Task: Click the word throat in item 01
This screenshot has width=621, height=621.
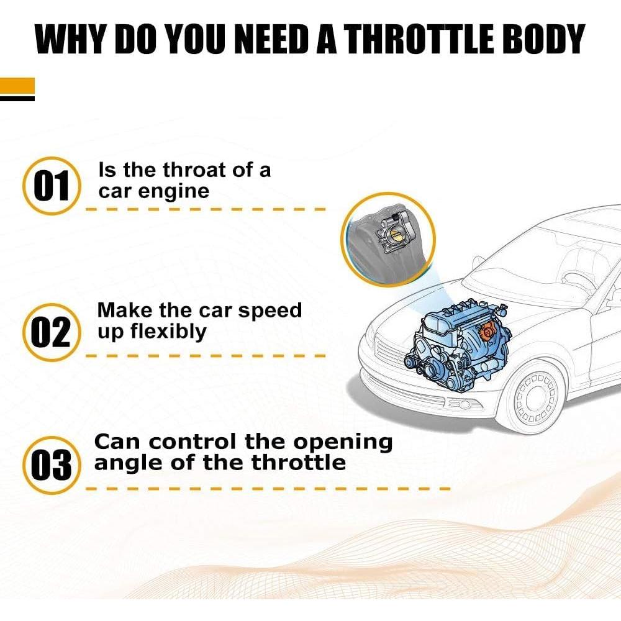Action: pyautogui.click(x=186, y=170)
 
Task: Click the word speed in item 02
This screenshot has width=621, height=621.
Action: pyautogui.click(x=270, y=310)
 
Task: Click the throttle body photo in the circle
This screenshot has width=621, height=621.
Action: pyautogui.click(x=389, y=239)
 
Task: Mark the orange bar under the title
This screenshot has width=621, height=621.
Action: pyautogui.click(x=17, y=86)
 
